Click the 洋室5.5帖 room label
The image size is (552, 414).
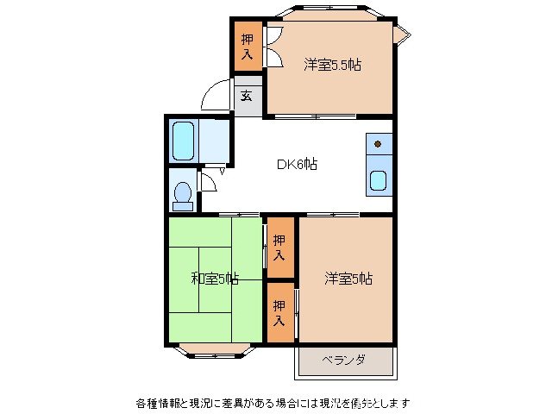point(331,65)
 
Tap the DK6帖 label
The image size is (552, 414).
point(295,164)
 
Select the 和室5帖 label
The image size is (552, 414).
point(214,279)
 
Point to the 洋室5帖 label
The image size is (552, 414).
point(348,279)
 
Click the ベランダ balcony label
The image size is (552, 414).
point(344,360)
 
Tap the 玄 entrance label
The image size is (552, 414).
point(247,96)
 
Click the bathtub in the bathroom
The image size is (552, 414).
point(183,141)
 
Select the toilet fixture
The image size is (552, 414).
point(182,195)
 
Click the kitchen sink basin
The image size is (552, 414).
point(379,180)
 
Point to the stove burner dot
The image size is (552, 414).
point(378,143)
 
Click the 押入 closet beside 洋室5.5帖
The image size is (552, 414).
point(248,46)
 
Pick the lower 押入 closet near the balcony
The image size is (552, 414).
point(279,312)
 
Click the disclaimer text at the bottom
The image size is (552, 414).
point(273,403)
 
